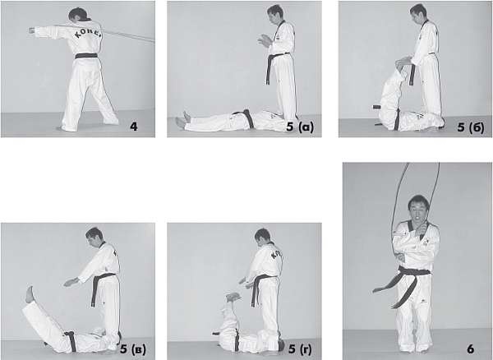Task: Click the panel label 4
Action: click(x=134, y=127)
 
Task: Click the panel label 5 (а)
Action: click(x=300, y=127)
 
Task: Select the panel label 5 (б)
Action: click(x=471, y=127)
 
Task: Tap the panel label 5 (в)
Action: click(x=133, y=349)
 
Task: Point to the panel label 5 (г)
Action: click(x=301, y=348)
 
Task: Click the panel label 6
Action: click(x=470, y=349)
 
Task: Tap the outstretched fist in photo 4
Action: click(x=32, y=30)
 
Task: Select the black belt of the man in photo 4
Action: click(x=86, y=56)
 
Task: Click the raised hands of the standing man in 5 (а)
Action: click(x=265, y=41)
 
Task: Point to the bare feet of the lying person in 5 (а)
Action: click(x=183, y=120)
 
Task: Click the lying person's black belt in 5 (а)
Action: click(x=246, y=118)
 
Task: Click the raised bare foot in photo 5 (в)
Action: click(x=30, y=294)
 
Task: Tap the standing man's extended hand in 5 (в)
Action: click(x=71, y=281)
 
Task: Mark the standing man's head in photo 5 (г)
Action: click(x=263, y=237)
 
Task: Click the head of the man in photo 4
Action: click(x=79, y=15)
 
